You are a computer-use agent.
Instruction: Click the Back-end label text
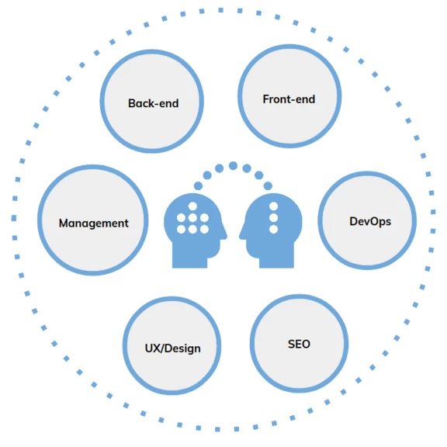click(154, 103)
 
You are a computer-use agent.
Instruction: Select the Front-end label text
click(289, 99)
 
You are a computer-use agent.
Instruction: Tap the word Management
click(93, 223)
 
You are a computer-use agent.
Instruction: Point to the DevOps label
click(370, 222)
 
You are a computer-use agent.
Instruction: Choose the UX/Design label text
click(173, 348)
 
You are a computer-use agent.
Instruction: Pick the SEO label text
click(299, 344)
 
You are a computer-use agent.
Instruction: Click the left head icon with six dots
click(196, 230)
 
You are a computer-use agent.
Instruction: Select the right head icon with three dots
click(271, 230)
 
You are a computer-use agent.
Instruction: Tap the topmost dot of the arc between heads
click(233, 165)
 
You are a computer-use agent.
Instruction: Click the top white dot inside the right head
click(273, 206)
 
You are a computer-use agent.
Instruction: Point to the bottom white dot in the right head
click(273, 229)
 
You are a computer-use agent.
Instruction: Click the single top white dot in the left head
click(192, 206)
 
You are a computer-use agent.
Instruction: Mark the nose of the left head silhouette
click(226, 235)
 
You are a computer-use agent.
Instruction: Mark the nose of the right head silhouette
click(241, 235)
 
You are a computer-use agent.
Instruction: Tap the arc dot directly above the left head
click(198, 186)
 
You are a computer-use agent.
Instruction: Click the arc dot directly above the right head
click(268, 186)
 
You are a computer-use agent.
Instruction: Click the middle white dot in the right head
click(273, 218)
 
